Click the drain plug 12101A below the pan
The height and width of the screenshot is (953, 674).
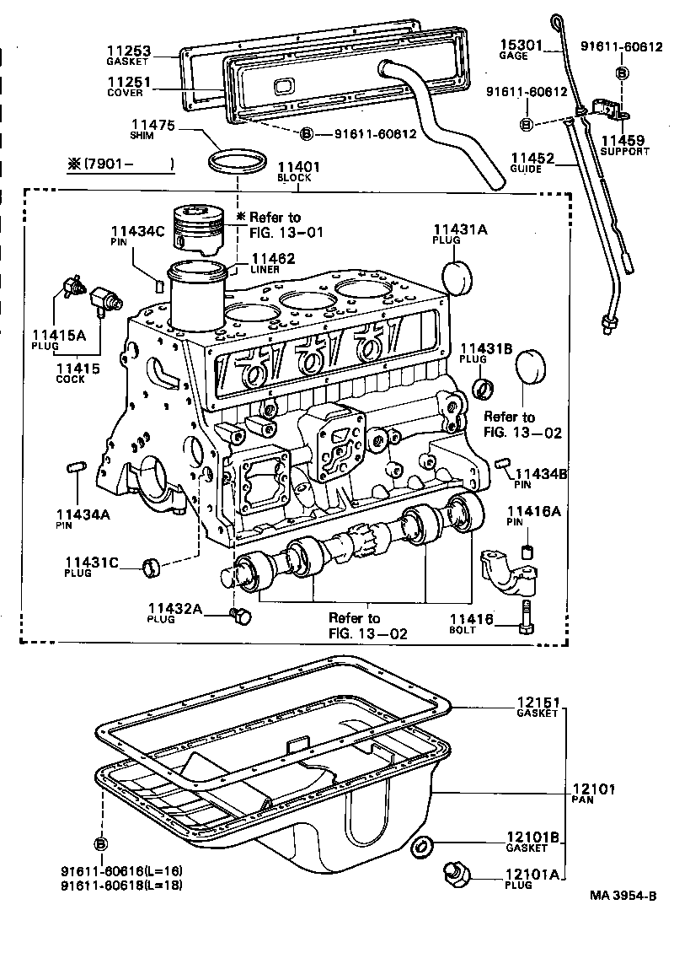pyautogui.click(x=457, y=875)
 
